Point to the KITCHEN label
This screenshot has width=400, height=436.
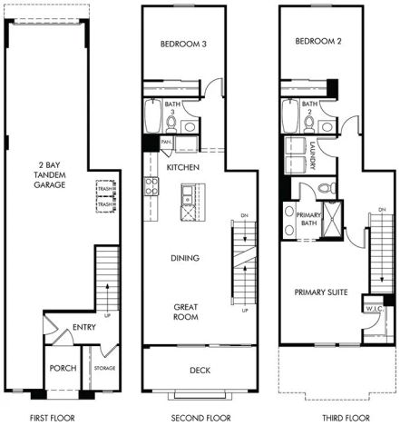click(x=183, y=168)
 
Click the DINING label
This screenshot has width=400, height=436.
click(x=185, y=258)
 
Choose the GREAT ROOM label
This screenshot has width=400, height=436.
click(x=185, y=312)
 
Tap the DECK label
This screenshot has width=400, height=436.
click(x=200, y=370)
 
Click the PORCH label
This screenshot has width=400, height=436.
click(x=63, y=368)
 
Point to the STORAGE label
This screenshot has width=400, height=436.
click(x=104, y=369)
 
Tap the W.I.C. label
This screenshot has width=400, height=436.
click(x=375, y=309)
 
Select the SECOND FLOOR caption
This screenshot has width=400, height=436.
click(x=200, y=418)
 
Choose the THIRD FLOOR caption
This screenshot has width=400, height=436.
click(x=346, y=418)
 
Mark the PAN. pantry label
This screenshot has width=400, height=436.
click(x=167, y=143)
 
